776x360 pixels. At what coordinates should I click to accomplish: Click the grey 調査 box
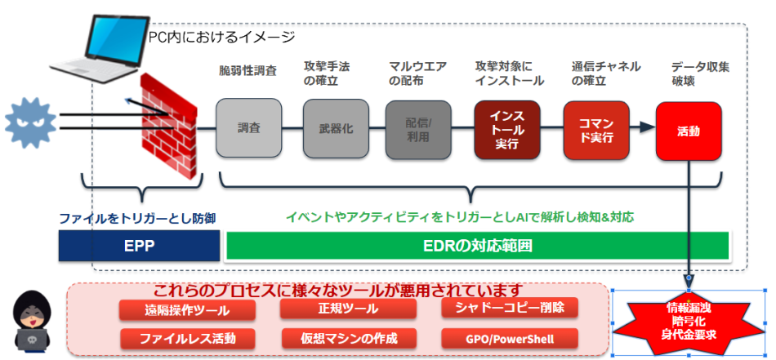pos(249,128)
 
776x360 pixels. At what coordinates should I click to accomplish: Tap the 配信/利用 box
pos(419,128)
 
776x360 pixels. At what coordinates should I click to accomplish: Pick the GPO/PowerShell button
pos(509,338)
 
